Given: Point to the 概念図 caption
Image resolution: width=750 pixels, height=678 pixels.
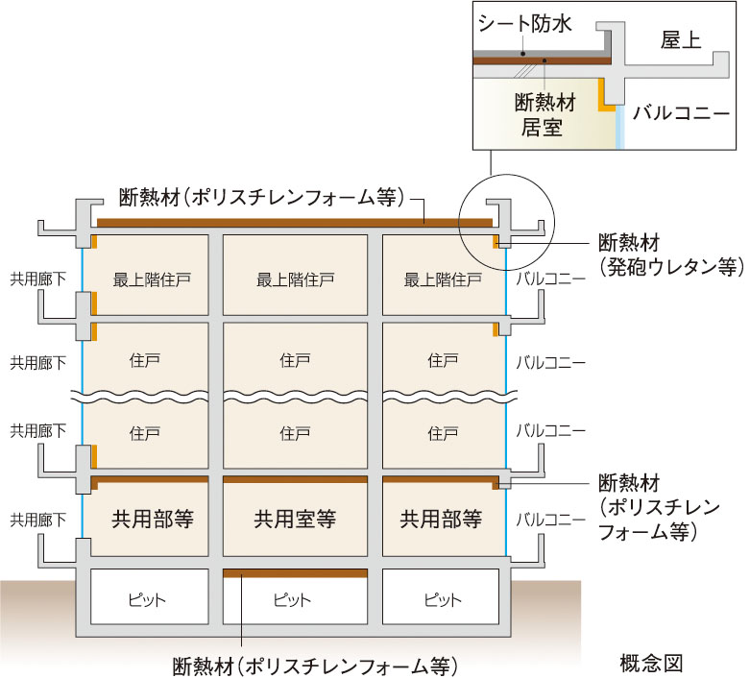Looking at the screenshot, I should click(x=651, y=662).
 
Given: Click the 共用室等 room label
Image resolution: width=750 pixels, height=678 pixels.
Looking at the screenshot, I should click(x=295, y=520).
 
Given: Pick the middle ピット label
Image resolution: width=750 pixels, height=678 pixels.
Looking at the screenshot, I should click(x=294, y=600).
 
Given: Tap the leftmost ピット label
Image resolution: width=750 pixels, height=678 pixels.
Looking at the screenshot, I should click(x=148, y=600).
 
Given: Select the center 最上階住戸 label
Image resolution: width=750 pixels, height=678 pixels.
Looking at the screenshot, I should click(x=295, y=280).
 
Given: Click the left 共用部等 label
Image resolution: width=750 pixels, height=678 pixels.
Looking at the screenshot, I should click(x=153, y=520).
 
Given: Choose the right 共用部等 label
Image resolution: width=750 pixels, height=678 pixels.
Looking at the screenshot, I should click(x=441, y=520).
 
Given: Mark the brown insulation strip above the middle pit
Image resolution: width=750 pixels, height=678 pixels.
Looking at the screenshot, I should click(x=295, y=573).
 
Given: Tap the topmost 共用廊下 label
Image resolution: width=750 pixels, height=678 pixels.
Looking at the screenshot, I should click(x=38, y=280).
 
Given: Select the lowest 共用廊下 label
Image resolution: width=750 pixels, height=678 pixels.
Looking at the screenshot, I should click(x=38, y=520).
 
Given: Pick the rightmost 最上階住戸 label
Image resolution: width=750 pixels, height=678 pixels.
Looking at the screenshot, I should click(x=443, y=280).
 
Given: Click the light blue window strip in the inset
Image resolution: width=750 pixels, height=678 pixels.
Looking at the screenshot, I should click(x=620, y=126).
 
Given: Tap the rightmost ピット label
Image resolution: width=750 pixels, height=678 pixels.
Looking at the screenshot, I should click(x=442, y=600).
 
